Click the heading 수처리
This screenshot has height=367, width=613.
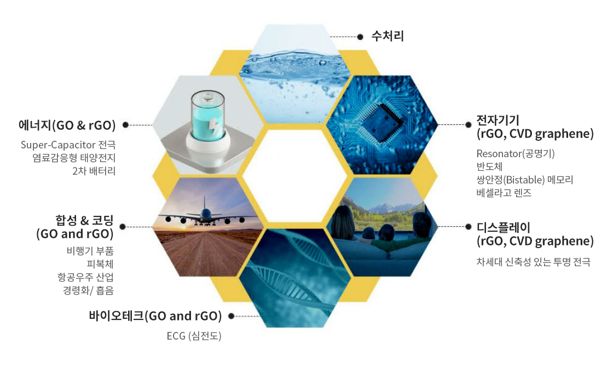pyautogui.click(x=388, y=36)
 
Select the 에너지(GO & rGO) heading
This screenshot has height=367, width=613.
pyautogui.click(x=67, y=125)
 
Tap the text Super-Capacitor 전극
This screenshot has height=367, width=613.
pyautogui.click(x=68, y=145)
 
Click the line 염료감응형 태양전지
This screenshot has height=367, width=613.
pyautogui.click(x=74, y=158)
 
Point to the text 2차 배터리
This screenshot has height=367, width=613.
pyautogui.click(x=94, y=171)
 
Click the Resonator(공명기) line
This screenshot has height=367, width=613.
pyautogui.click(x=515, y=153)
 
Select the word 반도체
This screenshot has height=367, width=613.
pyautogui.click(x=489, y=167)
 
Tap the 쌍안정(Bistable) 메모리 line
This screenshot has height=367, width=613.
pyautogui.click(x=525, y=180)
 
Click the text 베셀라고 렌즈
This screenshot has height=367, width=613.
pyautogui.click(x=504, y=193)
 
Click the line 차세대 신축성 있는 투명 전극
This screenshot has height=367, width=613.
pyautogui.click(x=533, y=262)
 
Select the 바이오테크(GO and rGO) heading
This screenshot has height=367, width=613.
pyautogui.click(x=155, y=316)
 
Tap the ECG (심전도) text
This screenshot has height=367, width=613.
pyautogui.click(x=194, y=336)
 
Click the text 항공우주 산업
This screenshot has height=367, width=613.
pyautogui.click(x=85, y=277)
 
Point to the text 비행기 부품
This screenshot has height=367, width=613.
pyautogui.click(x=90, y=251)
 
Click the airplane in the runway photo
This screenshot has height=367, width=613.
pyautogui.click(x=206, y=214)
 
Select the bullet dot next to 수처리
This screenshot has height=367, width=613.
pyautogui.click(x=361, y=37)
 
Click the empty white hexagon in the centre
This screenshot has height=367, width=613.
pyautogui.click(x=295, y=176)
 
